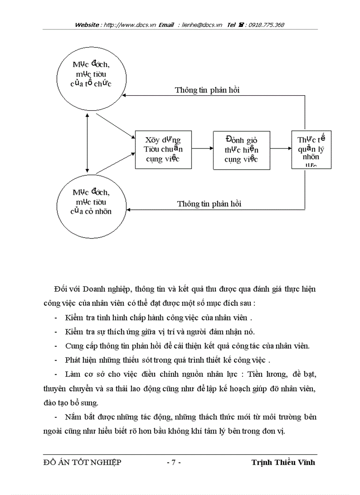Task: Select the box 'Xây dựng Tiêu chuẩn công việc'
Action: click(163, 149)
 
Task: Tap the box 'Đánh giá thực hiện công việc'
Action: click(241, 149)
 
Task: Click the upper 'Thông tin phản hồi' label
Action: click(207, 90)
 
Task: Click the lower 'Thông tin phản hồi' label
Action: click(209, 204)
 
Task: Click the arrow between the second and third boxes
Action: click(281, 149)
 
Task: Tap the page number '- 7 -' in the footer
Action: click(174, 462)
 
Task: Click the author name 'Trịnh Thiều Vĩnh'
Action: click(283, 462)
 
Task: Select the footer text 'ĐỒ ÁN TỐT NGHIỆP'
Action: click(82, 462)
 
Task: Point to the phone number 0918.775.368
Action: click(266, 25)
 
